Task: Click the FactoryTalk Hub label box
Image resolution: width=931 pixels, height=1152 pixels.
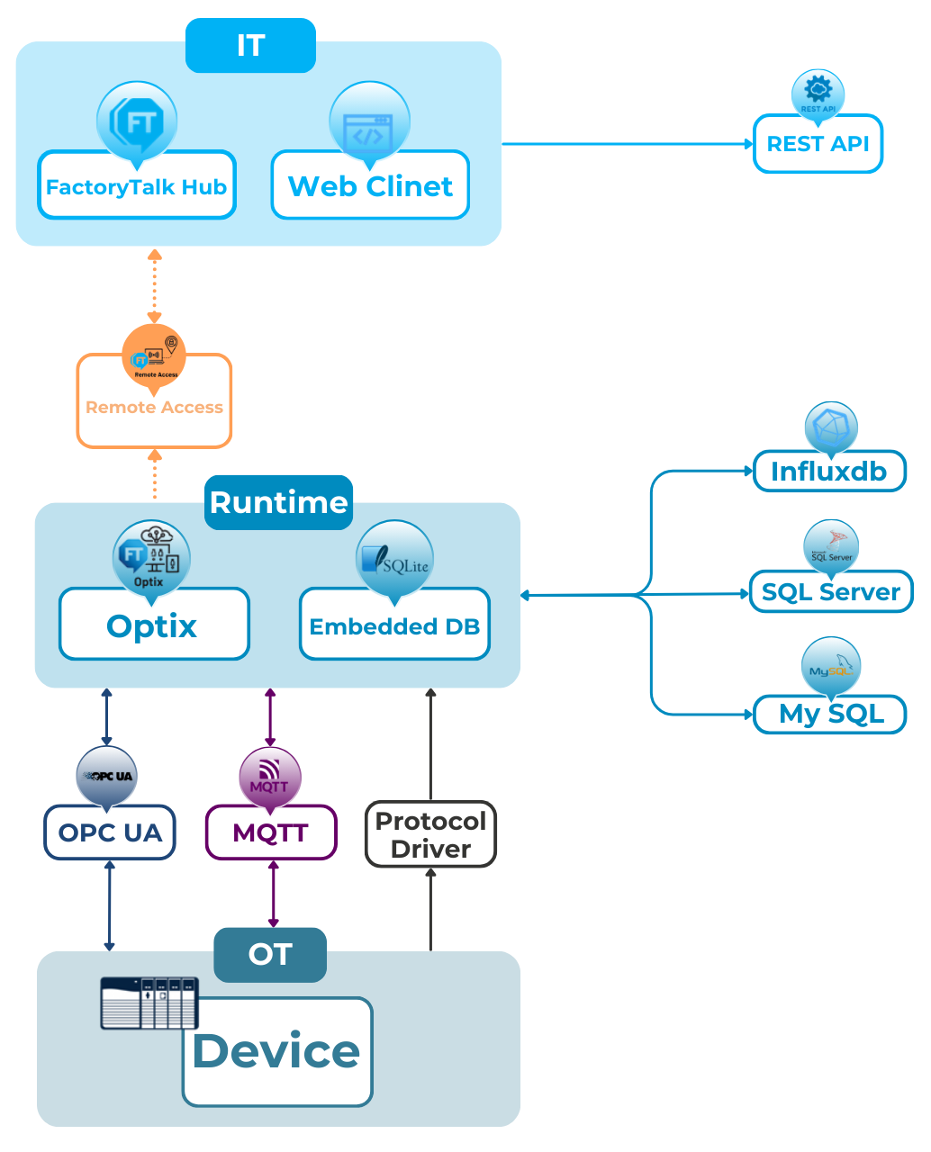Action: point(136,187)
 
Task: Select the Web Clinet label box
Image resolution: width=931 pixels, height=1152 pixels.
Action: point(370,186)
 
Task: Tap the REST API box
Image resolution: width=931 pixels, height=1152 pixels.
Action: point(818,144)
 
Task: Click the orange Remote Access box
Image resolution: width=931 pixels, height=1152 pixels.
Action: point(154,408)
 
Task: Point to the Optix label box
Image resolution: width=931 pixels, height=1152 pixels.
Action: point(153,625)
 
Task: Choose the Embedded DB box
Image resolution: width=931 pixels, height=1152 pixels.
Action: point(394,626)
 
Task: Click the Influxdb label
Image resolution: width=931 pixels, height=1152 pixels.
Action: point(829,472)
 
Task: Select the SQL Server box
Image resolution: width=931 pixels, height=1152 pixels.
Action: point(830,592)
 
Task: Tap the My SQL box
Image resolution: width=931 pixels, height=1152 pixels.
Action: point(830,714)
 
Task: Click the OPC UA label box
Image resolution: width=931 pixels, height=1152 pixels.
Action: point(110,832)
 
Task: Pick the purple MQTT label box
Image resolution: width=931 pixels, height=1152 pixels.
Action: point(270,832)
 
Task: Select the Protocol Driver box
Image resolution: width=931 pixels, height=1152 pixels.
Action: point(430,834)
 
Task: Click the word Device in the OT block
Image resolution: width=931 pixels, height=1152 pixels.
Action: point(276,1051)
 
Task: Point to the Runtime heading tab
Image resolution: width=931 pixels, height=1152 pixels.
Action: point(278,501)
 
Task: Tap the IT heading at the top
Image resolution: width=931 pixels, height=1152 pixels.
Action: point(250,45)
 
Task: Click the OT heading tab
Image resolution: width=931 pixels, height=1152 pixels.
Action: point(269,954)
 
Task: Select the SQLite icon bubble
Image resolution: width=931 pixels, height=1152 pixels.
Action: point(394,561)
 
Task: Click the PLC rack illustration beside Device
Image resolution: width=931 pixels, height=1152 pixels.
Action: point(149,1003)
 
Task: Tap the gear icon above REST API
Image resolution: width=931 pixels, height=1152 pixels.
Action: point(818,91)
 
